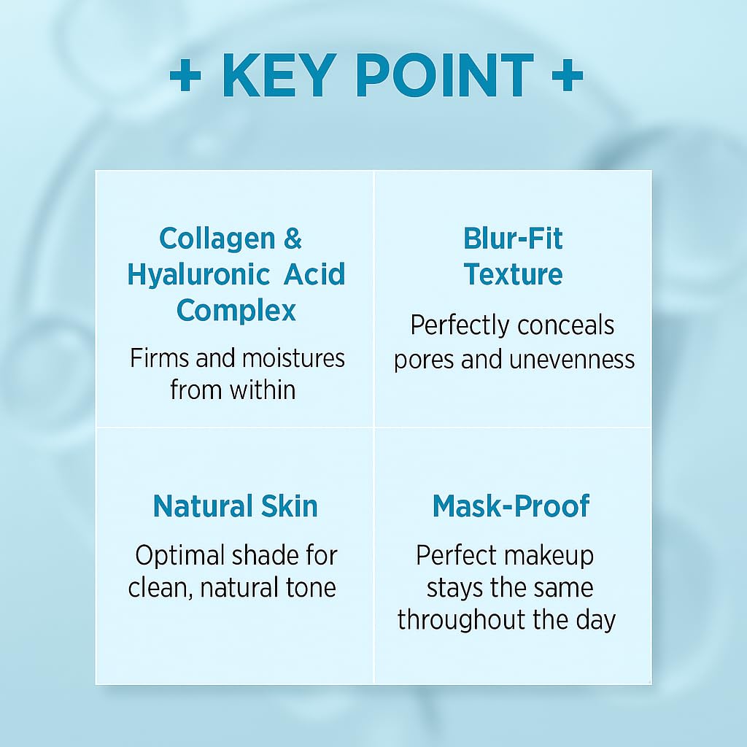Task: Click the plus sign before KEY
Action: (185, 75)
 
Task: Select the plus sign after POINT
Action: (567, 75)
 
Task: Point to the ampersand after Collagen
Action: (292, 239)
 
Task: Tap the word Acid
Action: (315, 275)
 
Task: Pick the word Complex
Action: (236, 311)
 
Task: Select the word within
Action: (261, 390)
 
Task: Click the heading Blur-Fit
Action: (513, 239)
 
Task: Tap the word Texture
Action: (513, 274)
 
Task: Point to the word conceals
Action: (562, 325)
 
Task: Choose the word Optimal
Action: (179, 556)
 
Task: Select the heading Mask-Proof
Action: (511, 506)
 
